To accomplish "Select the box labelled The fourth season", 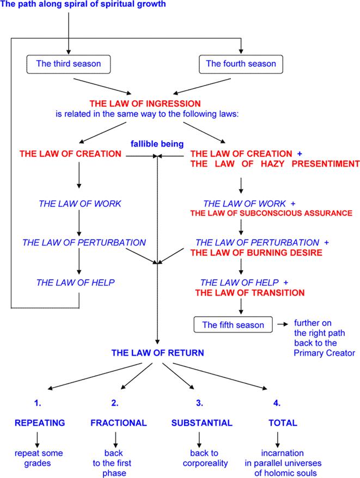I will point(241,64).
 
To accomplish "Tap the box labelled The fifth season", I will point(233,325).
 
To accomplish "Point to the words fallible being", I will point(156,144).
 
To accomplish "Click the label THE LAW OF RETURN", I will point(157,353).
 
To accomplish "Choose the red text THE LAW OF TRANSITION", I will point(249,292).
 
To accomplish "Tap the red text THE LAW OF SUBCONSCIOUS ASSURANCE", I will point(271,213).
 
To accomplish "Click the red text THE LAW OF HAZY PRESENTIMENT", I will point(274,163).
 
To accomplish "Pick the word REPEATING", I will point(40,423).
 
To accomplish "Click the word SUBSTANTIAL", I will point(202,423).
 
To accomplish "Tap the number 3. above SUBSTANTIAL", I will point(198,403).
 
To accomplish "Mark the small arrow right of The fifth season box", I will point(283,325).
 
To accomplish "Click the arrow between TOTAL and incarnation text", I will point(278,438).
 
